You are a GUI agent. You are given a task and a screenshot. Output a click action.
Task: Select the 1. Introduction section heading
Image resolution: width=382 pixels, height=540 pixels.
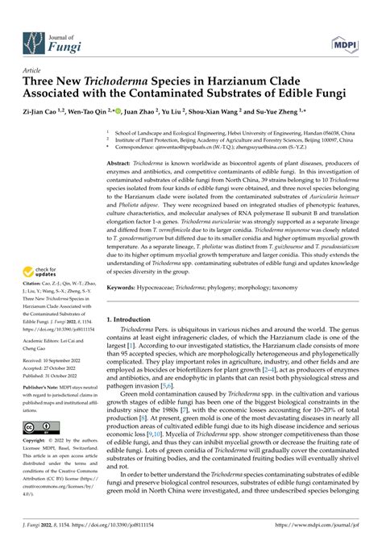coord(134,318)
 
